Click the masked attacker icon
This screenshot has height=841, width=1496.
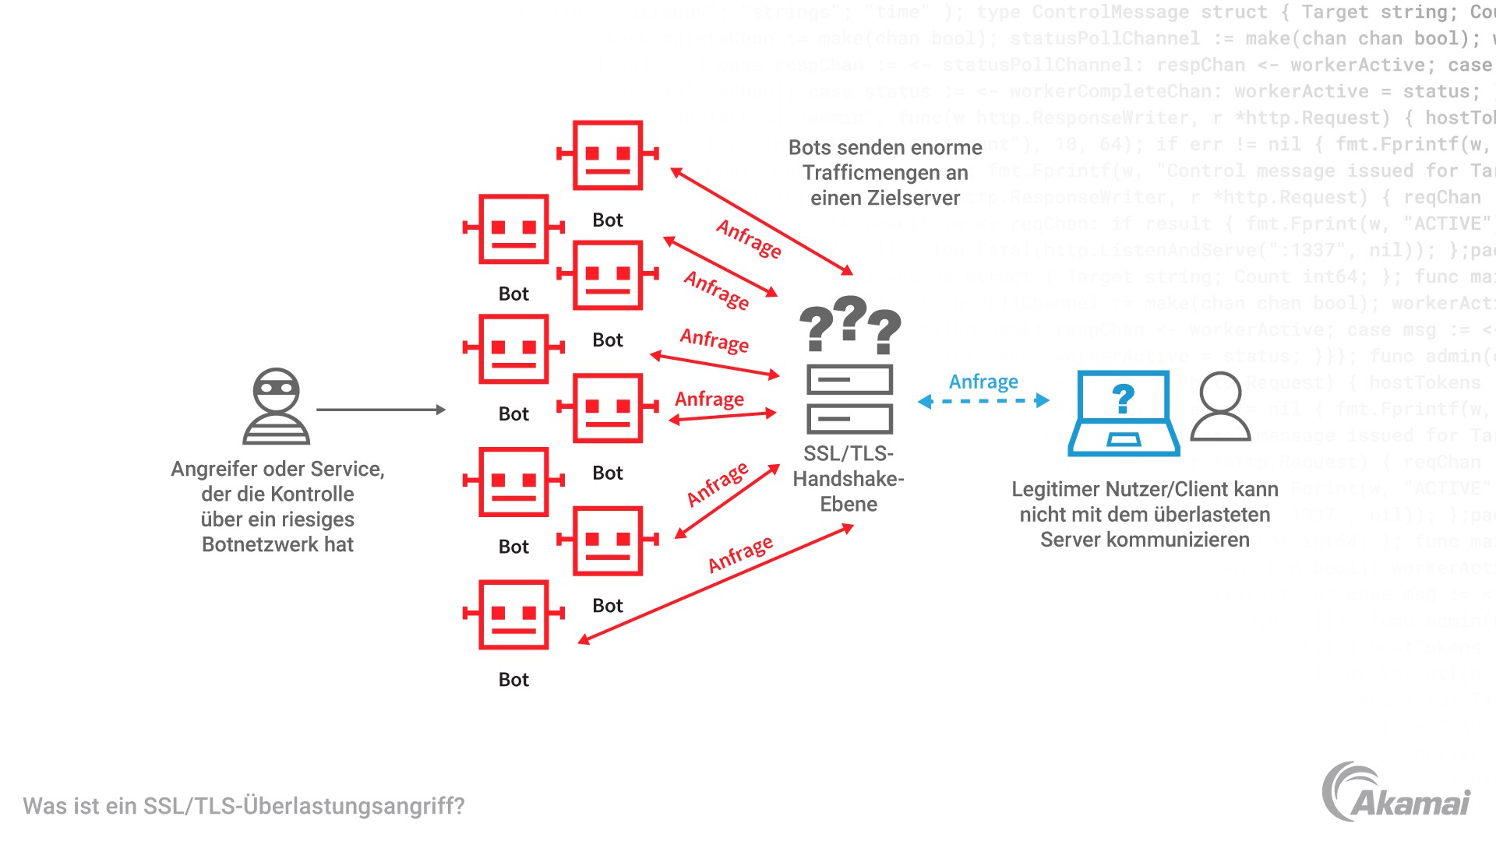click(277, 406)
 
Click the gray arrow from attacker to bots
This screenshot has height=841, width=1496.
click(380, 410)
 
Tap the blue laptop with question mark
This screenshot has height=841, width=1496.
click(1123, 413)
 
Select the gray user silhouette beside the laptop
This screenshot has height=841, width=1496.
click(1220, 406)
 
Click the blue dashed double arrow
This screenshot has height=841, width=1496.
click(983, 401)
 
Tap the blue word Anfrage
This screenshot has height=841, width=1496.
click(983, 382)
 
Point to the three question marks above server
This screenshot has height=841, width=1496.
click(849, 323)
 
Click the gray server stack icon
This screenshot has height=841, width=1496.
click(849, 399)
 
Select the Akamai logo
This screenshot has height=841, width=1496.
click(1396, 792)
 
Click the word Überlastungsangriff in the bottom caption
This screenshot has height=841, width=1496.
click(354, 806)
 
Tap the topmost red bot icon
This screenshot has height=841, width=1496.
click(608, 155)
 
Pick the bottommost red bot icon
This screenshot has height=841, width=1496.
click(513, 614)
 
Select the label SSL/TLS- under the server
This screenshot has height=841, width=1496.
click(849, 453)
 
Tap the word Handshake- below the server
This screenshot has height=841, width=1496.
click(849, 478)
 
